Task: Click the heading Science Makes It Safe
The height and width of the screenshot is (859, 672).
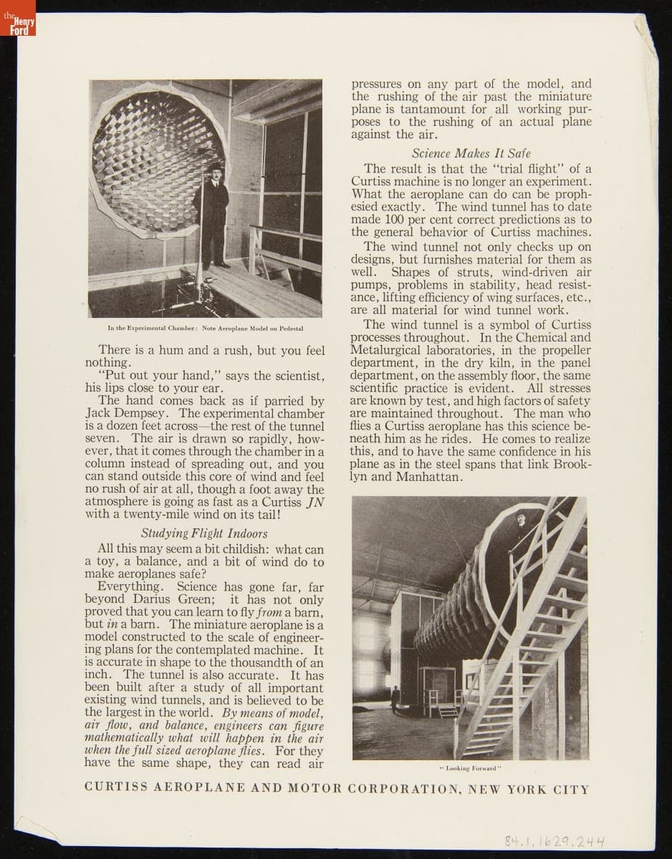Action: point(471,153)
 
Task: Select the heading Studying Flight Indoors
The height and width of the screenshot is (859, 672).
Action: point(204,534)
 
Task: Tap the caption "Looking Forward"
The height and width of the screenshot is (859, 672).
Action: point(470,769)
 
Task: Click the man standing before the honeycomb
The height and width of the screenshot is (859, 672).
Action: point(211,215)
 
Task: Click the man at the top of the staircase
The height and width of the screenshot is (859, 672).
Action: point(522,530)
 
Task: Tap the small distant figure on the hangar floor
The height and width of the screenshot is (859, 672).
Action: point(395,698)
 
